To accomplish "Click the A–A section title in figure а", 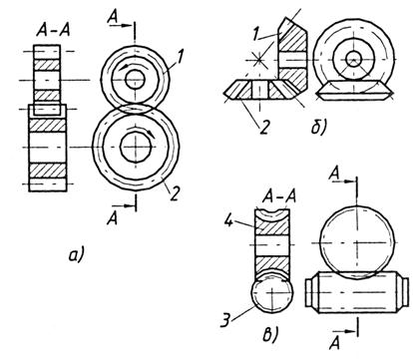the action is click(x=53, y=31).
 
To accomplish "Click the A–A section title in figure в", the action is click(x=279, y=196).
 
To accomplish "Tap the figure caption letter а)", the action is click(x=77, y=255).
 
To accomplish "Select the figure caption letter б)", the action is click(x=319, y=128).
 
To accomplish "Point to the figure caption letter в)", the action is click(x=270, y=334).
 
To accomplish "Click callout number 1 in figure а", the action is click(x=180, y=57).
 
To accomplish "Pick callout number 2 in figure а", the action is click(x=175, y=193).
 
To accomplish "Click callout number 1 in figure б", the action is click(x=255, y=34).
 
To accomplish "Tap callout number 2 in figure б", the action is click(x=263, y=128).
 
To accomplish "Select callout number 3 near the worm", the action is click(x=225, y=321).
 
